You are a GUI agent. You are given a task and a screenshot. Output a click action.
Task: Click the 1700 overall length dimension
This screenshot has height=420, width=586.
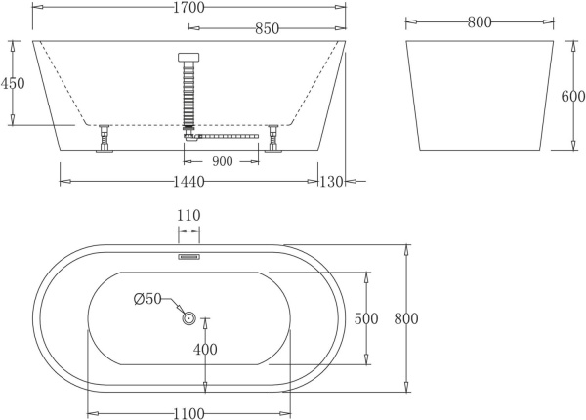click(189, 8)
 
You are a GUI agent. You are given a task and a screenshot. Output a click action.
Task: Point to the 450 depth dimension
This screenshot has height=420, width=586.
click(13, 84)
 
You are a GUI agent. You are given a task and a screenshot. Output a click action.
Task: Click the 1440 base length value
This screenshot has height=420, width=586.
click(188, 182)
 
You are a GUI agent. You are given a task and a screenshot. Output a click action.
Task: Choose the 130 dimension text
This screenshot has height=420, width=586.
click(333, 182)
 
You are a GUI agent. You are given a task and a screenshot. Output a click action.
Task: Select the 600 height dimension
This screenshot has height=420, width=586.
click(573, 97)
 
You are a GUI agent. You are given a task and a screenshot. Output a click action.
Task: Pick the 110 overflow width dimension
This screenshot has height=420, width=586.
click(188, 216)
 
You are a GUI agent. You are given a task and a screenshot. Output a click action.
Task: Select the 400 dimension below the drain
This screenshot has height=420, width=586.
click(205, 349)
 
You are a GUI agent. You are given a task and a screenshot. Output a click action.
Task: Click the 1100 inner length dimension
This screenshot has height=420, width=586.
click(188, 413)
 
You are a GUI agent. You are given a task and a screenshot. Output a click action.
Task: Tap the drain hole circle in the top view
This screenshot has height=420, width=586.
click(188, 316)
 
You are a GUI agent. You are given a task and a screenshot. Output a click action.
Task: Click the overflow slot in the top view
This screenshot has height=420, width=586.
click(188, 258)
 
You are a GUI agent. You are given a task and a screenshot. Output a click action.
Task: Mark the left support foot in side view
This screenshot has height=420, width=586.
click(102, 143)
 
